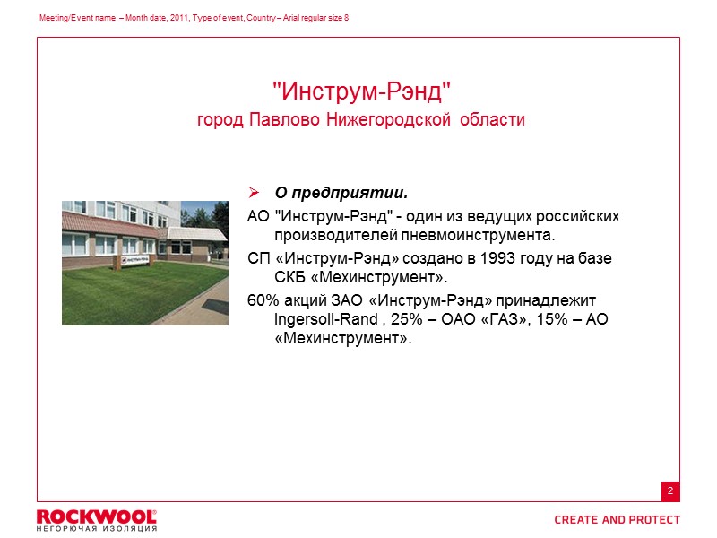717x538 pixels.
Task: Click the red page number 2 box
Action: click(x=669, y=491)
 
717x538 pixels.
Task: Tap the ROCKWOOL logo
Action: click(x=96, y=516)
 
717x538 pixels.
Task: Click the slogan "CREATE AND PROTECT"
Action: click(x=617, y=520)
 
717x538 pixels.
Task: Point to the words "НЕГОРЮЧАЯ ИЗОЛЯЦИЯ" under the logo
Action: click(x=96, y=529)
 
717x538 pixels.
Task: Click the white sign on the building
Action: click(x=137, y=260)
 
